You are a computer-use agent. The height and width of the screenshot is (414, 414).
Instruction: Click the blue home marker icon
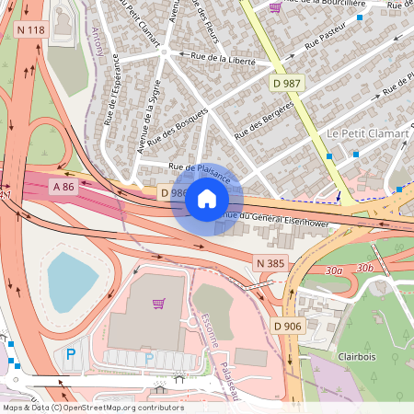[x=207, y=198]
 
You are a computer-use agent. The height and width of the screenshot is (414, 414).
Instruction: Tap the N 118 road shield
[x=31, y=30]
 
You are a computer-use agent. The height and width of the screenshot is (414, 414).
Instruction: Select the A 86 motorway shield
[x=63, y=186]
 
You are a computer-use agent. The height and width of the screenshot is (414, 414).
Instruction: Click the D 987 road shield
[x=287, y=84]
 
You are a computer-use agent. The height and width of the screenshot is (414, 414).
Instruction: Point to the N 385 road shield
[x=271, y=264]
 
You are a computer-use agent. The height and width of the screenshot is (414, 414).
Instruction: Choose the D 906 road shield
[x=288, y=326]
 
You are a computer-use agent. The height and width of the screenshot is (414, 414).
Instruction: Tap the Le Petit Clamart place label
[x=367, y=134]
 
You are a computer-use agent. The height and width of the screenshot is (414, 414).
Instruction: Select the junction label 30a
[x=334, y=270]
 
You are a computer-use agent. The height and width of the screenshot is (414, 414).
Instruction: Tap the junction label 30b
[x=364, y=268]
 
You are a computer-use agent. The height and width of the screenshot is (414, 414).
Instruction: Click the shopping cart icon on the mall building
[x=158, y=304]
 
